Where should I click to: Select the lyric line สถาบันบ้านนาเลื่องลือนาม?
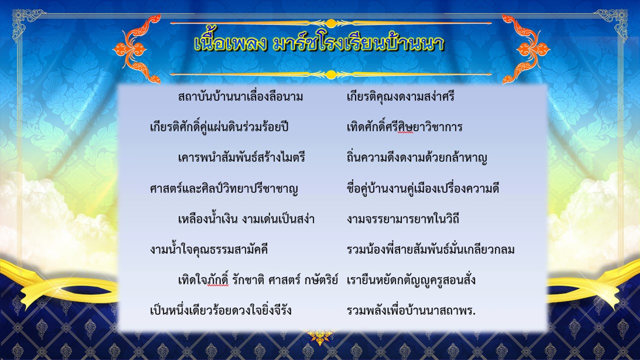(240, 96)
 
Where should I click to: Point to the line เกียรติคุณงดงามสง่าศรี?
(400, 96)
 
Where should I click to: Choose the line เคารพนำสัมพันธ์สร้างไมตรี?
(241, 157)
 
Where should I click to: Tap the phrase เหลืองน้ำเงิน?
(207, 219)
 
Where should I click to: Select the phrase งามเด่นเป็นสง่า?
(278, 219)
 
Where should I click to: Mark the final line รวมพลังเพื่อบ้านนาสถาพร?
(411, 310)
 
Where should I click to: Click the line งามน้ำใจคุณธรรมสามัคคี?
(209, 249)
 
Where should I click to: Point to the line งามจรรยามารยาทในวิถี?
(403, 219)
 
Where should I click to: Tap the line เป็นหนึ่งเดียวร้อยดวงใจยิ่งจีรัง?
(220, 310)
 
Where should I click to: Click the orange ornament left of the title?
(136, 49)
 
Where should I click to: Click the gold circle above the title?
(331, 23)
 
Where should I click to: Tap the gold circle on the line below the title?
(331, 74)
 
